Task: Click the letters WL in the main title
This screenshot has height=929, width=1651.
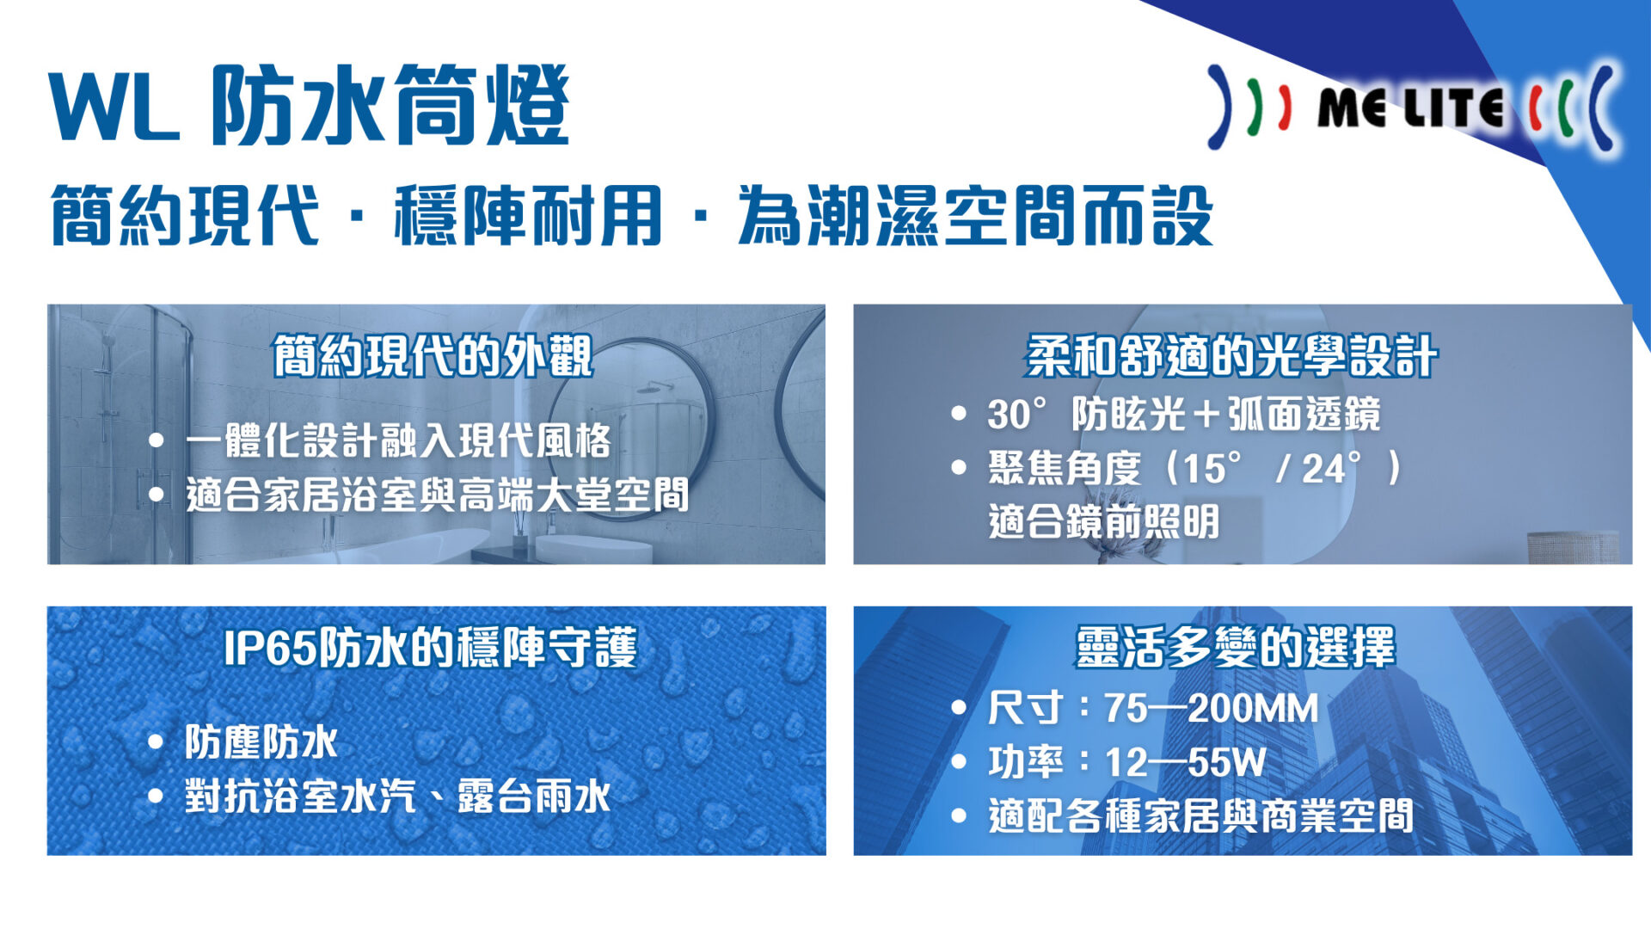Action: pos(114,106)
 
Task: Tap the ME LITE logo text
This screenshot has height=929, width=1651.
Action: pos(1410,107)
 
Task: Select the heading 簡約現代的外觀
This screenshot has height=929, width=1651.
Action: pos(433,356)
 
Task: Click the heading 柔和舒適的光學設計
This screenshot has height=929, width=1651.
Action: pos(1231,356)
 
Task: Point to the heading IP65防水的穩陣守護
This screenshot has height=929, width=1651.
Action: pos(430,647)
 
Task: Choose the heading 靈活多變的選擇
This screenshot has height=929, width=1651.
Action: pos(1235,647)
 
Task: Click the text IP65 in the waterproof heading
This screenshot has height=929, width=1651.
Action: pos(270,648)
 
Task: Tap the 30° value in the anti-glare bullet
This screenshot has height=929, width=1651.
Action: pos(1017,415)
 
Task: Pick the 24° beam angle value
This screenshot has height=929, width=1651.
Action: pos(1331,469)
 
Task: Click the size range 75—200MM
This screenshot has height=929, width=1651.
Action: pos(1211,709)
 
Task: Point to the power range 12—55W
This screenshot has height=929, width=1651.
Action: pos(1185,762)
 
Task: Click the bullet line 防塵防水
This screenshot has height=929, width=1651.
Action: pos(261,741)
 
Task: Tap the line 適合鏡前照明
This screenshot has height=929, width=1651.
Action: pos(1104,521)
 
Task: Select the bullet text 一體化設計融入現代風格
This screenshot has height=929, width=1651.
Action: pos(398,440)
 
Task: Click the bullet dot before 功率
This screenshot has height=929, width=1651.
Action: pos(960,762)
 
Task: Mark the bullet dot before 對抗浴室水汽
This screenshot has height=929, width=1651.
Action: pos(156,796)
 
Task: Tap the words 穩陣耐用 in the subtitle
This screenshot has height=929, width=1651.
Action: pos(528,215)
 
